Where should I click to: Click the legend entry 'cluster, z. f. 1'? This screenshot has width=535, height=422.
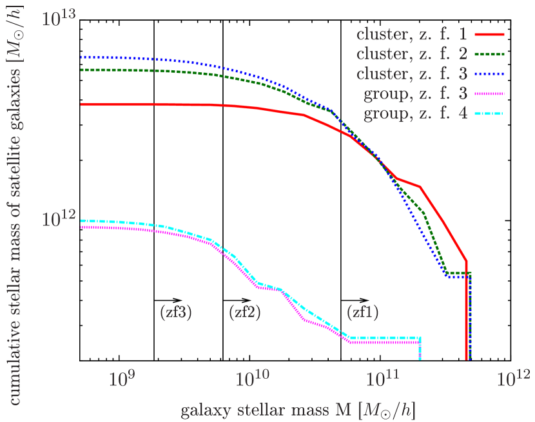pyautogui.click(x=413, y=34)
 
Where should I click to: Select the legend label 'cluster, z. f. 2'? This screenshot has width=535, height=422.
pyautogui.click(x=413, y=54)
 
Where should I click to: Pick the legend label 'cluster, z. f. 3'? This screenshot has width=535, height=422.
pyautogui.click(x=413, y=74)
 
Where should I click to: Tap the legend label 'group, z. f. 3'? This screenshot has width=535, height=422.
pyautogui.click(x=416, y=95)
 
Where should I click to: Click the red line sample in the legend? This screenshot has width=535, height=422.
pyautogui.click(x=490, y=34)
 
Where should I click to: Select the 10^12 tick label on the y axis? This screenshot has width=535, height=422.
pyautogui.click(x=59, y=219)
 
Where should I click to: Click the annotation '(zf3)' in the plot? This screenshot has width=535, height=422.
pyautogui.click(x=175, y=312)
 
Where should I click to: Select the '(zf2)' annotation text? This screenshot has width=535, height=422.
pyautogui.click(x=245, y=312)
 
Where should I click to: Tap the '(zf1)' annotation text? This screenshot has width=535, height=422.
pyautogui.click(x=363, y=312)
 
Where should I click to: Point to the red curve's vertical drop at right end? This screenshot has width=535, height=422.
pyautogui.click(x=465, y=309)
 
